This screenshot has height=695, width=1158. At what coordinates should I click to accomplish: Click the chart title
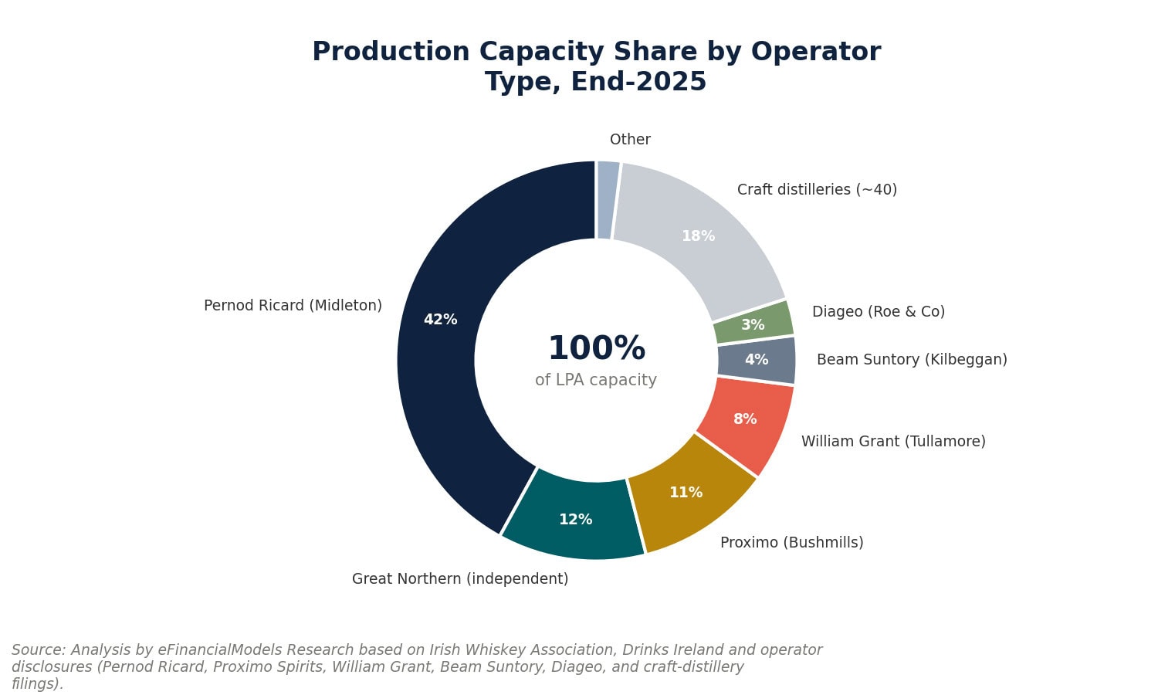point(596,66)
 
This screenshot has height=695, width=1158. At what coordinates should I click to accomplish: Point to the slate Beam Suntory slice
point(757,360)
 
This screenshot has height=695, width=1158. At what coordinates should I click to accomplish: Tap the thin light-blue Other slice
point(608,200)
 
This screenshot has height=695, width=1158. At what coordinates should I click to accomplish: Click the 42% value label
point(441,320)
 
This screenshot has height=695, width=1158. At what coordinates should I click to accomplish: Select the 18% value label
point(699,236)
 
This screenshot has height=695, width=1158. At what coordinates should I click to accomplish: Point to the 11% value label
point(686,493)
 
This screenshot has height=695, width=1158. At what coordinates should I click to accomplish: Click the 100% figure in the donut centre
point(597,348)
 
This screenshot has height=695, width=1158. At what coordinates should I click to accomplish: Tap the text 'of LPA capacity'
point(596,380)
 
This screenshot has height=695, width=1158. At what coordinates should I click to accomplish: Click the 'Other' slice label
point(630,139)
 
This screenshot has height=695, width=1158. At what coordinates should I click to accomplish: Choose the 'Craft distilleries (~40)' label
point(818,190)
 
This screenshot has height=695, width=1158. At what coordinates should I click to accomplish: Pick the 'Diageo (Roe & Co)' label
point(879,311)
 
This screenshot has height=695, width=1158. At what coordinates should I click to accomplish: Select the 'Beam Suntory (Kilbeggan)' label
point(912,359)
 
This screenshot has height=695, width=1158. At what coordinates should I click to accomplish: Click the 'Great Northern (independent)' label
point(460,578)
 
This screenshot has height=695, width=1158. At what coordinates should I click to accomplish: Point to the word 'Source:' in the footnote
point(39,649)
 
